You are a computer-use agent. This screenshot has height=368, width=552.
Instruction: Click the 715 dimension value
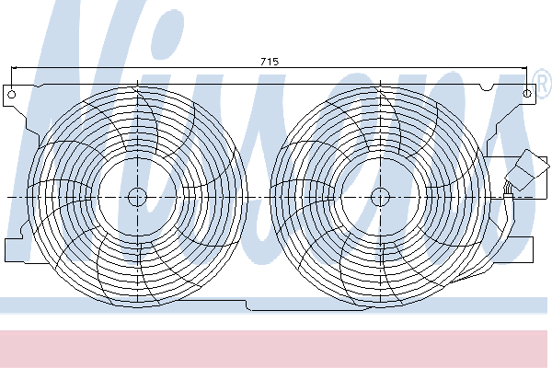pos(270,62)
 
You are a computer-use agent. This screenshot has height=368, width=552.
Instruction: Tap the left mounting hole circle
pos(12,95)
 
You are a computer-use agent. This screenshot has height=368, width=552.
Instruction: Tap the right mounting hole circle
pos(527,94)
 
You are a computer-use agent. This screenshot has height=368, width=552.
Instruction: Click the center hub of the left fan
pos(137,197)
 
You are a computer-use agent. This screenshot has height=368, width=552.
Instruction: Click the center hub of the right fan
pos(381,197)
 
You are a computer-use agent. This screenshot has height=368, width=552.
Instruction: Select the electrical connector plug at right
pos(527,169)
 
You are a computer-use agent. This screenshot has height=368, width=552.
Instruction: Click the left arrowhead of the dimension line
pos(15,68)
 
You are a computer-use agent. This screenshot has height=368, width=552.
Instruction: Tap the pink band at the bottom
pos(274,349)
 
